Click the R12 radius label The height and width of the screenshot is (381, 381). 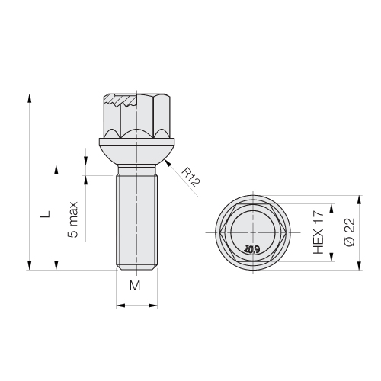tap(190, 177)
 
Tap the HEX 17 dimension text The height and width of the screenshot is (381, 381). tap(319, 232)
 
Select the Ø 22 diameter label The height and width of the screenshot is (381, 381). tap(349, 232)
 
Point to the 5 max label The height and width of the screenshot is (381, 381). tap(72, 219)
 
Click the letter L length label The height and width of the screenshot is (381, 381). tap(45, 214)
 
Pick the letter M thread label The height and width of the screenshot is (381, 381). tap(135, 286)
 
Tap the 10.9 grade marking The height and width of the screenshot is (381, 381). tap(251, 249)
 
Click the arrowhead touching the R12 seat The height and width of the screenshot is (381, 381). tap(168, 162)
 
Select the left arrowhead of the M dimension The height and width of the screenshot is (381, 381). tap(120, 306)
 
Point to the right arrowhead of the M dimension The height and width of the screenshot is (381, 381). tap(153, 306)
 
